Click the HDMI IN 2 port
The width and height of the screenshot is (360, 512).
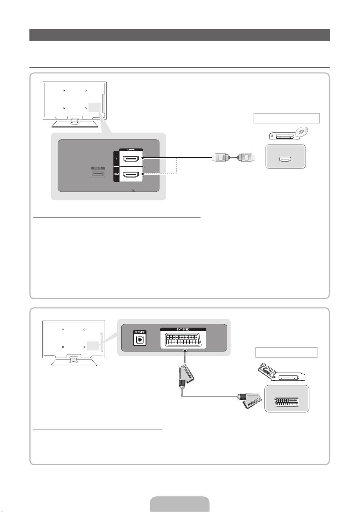pos(132,159)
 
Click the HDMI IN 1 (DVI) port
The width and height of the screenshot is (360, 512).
pos(132,175)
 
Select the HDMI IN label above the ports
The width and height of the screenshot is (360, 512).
pos(131,150)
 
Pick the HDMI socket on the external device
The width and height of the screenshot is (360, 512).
pos(284,159)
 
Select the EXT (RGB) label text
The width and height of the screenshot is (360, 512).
pos(183,329)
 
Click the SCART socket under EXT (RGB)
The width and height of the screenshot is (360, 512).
pos(183,341)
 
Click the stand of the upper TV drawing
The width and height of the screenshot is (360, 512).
pos(74,122)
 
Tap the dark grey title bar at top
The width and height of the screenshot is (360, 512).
pos(180,35)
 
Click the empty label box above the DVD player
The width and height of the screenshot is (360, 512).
pos(286,118)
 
